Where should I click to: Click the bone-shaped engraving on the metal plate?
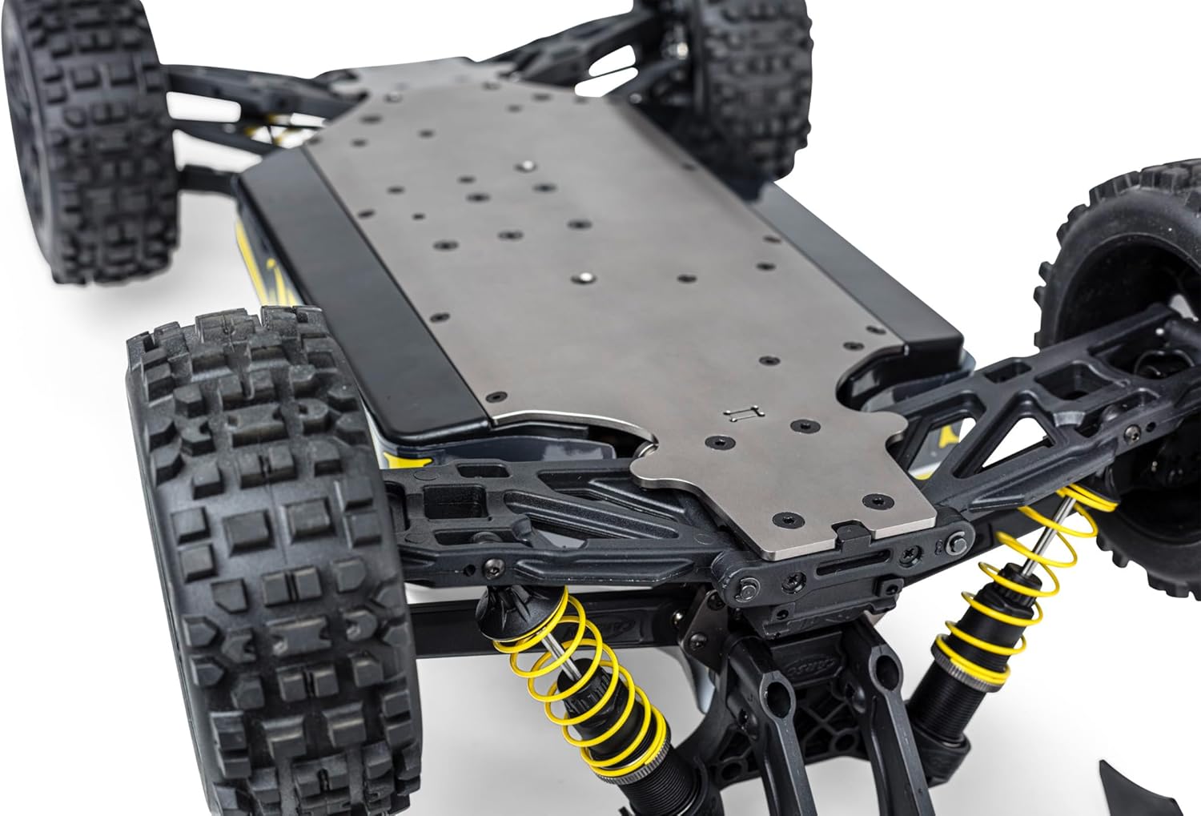pos(741,412)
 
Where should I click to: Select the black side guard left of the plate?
pos(360,296)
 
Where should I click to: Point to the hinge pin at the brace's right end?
pos(954,544)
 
